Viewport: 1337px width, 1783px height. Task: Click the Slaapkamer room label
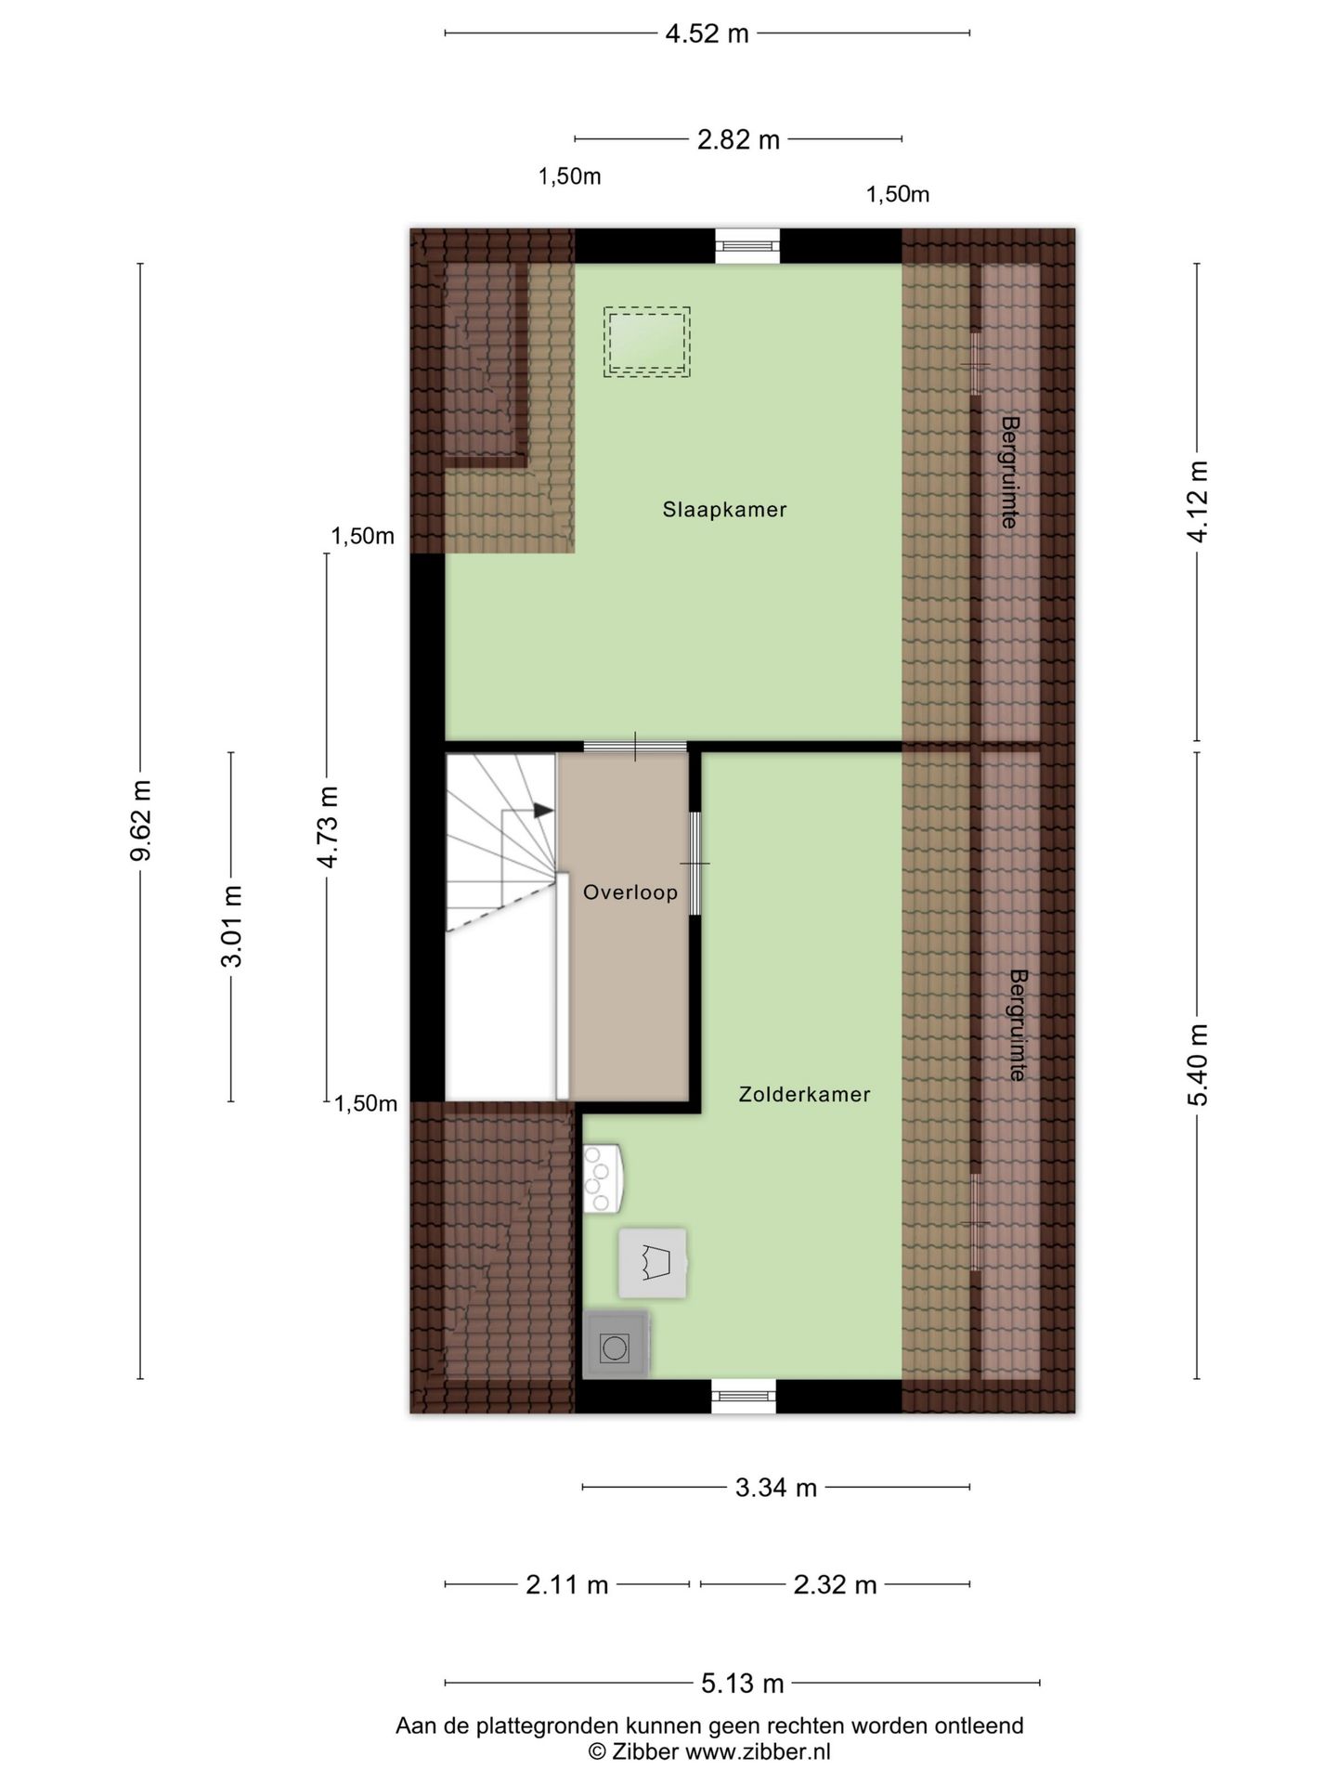[x=724, y=510]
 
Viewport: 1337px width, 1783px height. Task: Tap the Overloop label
[x=630, y=892]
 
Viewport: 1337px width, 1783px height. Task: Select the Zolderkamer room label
[x=804, y=1095]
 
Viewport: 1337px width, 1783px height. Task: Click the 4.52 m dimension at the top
[x=707, y=33]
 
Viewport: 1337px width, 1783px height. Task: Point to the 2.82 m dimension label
[x=738, y=139]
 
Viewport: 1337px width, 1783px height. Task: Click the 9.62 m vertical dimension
[x=140, y=821]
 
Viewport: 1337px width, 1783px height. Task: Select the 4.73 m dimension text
[x=327, y=826]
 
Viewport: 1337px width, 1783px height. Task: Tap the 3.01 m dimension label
[x=231, y=926]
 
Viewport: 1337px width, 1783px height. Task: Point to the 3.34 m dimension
[x=776, y=1488]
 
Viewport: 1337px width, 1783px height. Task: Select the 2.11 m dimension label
[x=567, y=1584]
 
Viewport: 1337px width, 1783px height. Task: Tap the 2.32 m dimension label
[x=835, y=1584]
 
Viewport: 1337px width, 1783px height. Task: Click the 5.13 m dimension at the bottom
[x=742, y=1683]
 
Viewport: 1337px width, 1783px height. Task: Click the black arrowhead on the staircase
[x=544, y=811]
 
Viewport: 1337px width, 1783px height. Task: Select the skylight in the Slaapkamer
[x=646, y=342]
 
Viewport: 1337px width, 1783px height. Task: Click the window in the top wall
[x=747, y=245]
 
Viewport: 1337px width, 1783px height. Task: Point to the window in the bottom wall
[x=744, y=1397]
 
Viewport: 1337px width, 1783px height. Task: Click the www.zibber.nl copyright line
[x=709, y=1752]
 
